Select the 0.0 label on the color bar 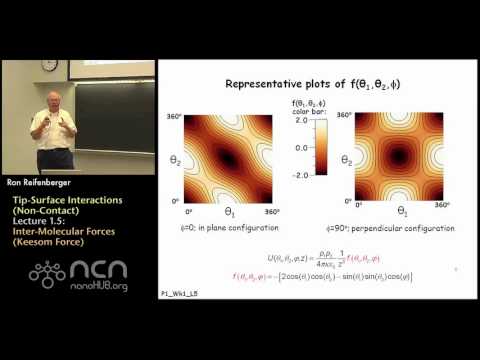point(300,164)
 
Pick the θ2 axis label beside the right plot point(344,158)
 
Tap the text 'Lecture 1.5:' point(41,227)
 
